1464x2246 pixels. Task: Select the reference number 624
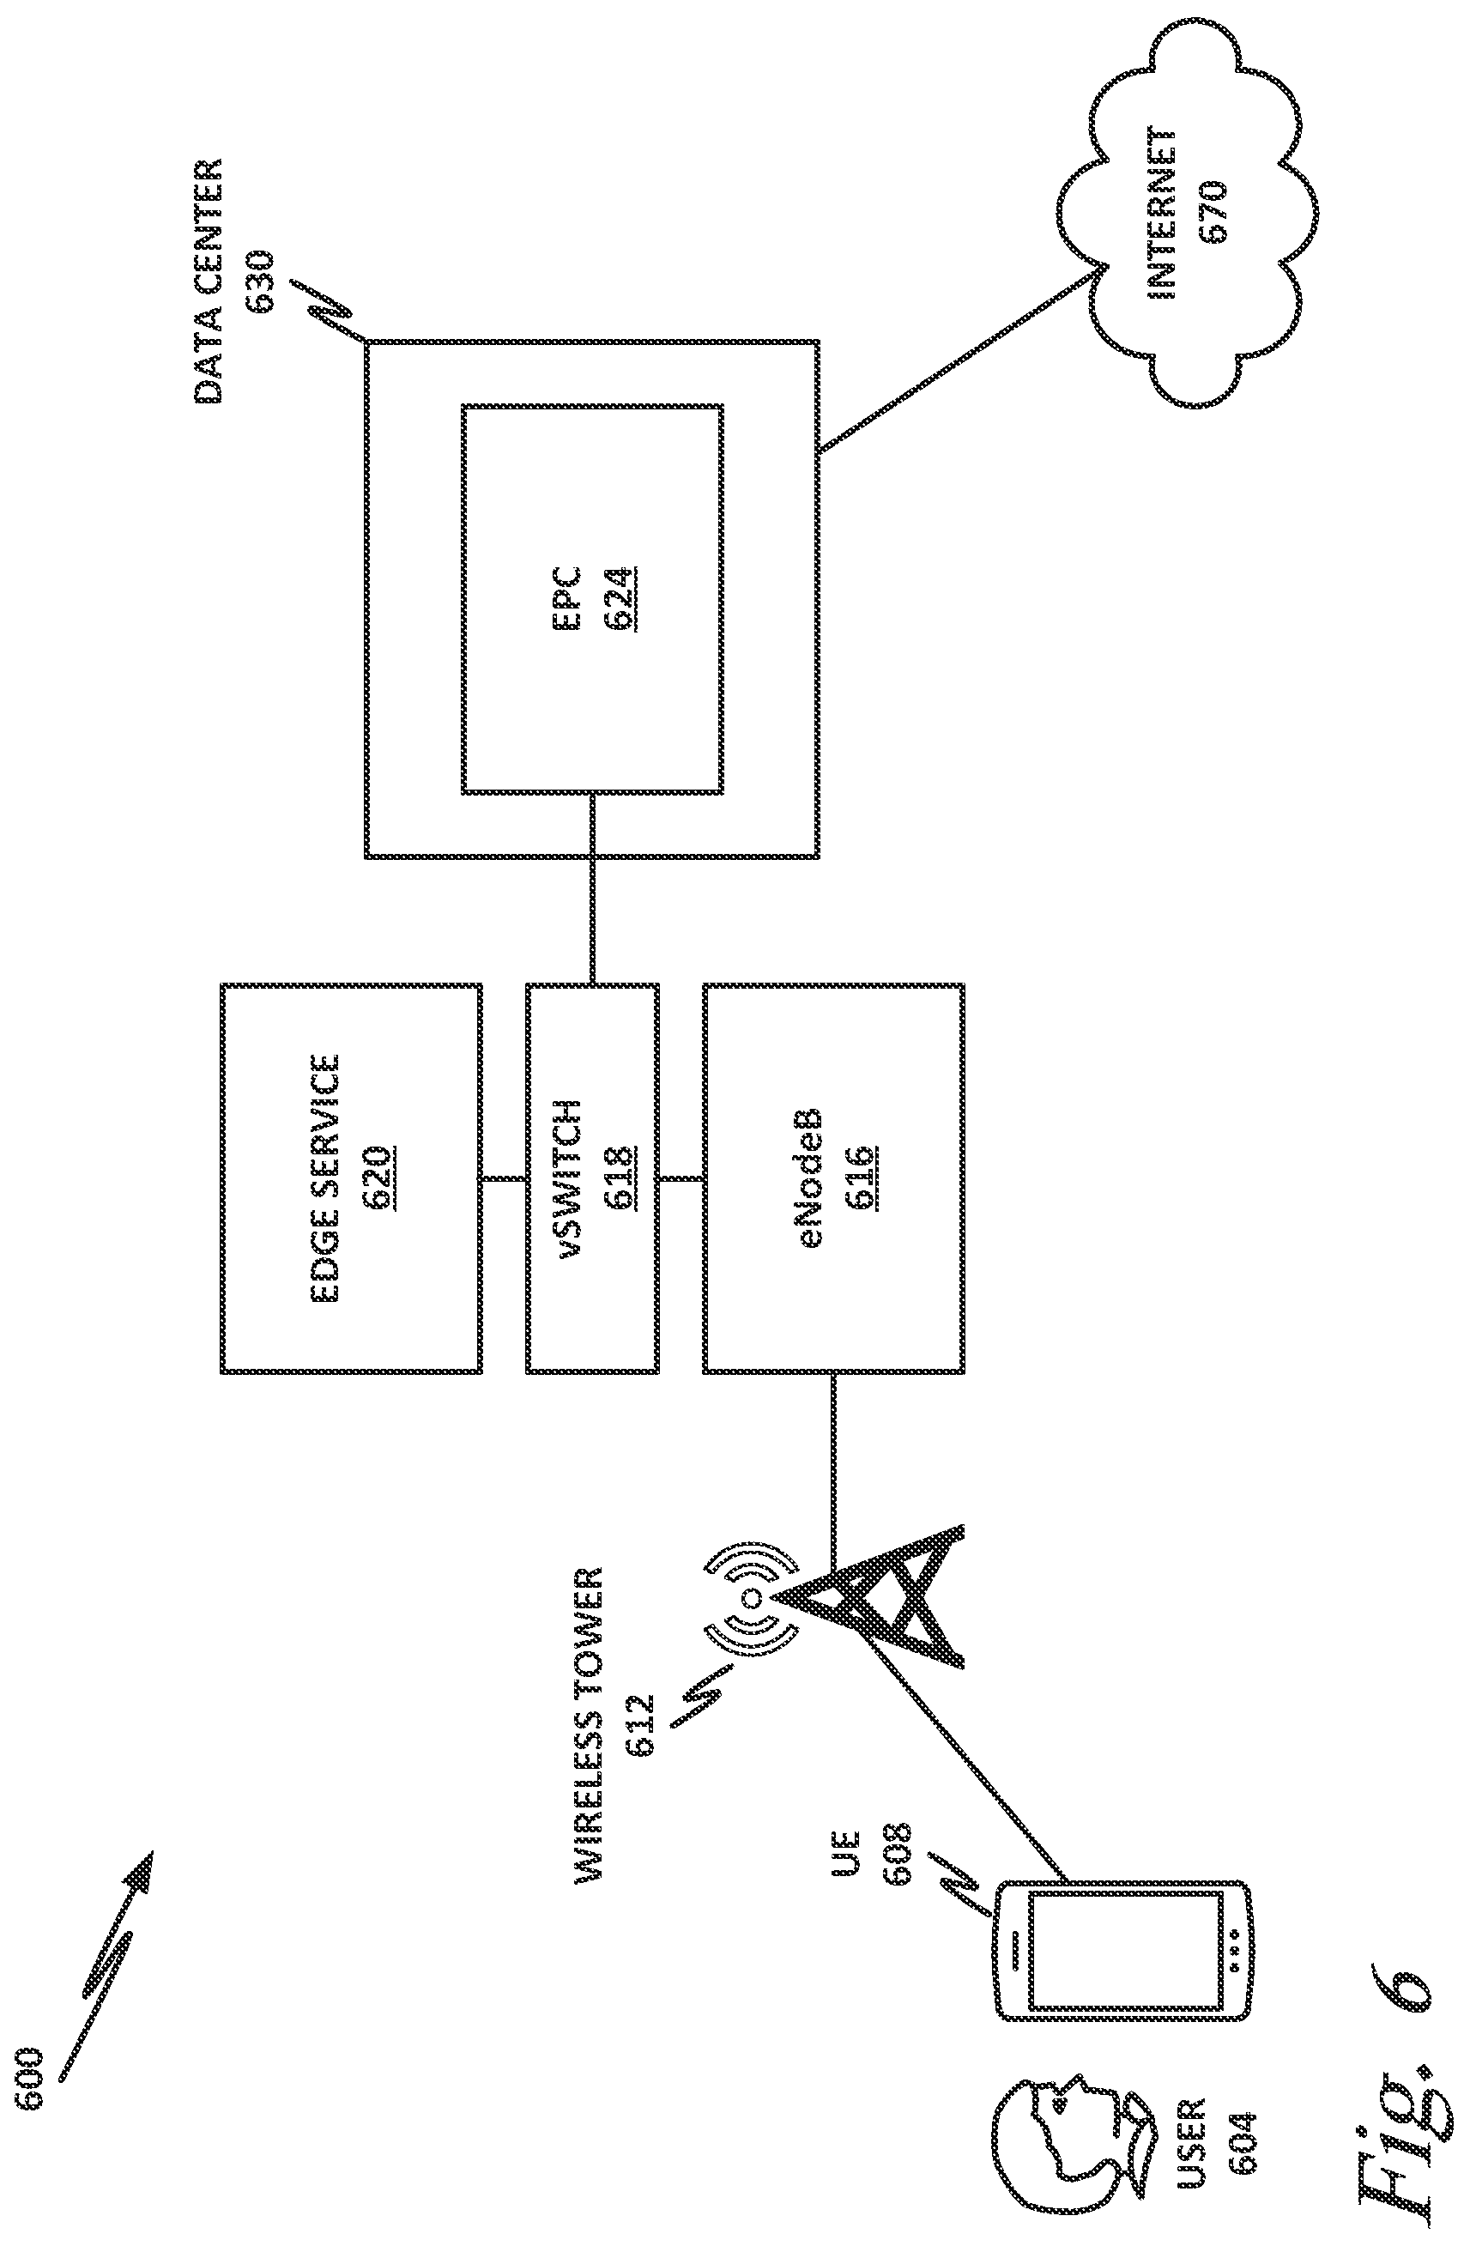click(620, 600)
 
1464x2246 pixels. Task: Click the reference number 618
click(620, 1177)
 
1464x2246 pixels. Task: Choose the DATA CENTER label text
click(209, 282)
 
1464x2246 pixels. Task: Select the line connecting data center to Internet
click(959, 359)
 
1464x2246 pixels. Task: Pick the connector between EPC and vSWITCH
click(592, 888)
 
